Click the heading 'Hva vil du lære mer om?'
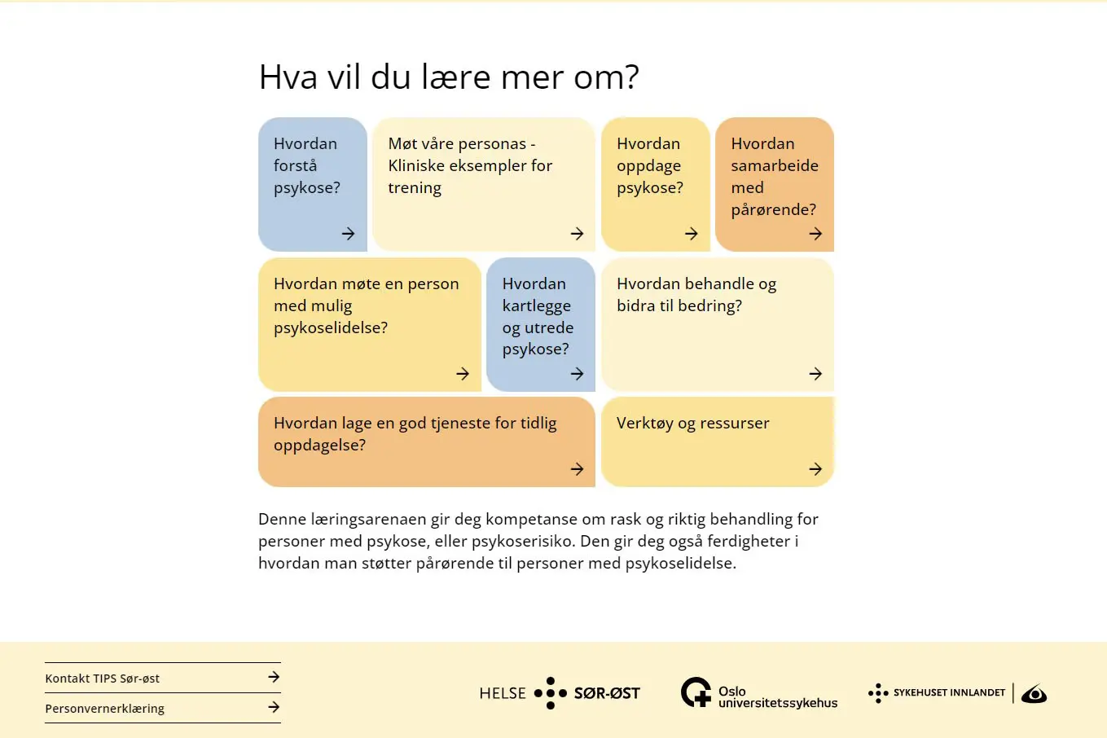[449, 77]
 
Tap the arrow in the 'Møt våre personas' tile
[577, 234]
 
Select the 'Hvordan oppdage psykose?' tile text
[649, 166]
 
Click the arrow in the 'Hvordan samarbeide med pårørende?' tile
[815, 234]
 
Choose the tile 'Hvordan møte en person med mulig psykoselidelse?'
[367, 306]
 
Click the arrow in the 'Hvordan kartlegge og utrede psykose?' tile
[577, 374]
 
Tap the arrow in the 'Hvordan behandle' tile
[815, 374]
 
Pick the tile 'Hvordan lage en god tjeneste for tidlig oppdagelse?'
[415, 434]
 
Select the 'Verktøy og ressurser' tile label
[692, 424]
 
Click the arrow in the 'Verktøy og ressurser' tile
[815, 469]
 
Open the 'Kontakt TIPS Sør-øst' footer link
[103, 679]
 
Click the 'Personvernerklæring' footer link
[105, 709]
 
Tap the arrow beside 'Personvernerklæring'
[274, 707]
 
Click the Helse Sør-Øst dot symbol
[551, 693]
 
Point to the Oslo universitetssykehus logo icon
[696, 692]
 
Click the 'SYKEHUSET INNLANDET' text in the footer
[949, 692]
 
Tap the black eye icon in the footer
[1034, 694]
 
